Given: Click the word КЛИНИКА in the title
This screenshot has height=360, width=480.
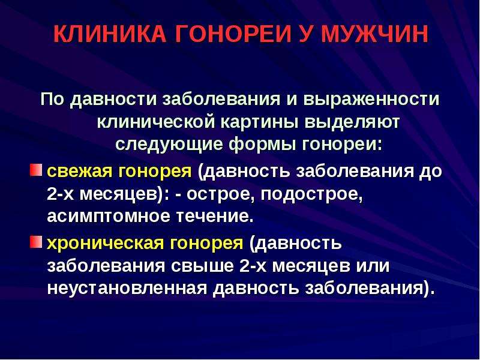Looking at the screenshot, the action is (x=110, y=34).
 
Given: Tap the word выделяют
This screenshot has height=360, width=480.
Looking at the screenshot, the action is (x=352, y=122).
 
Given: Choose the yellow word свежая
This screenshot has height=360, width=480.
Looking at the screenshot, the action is (x=80, y=172).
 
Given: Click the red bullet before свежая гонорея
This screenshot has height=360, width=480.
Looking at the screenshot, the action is (x=35, y=170).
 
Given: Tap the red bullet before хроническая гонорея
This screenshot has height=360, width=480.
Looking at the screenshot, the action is (x=35, y=242).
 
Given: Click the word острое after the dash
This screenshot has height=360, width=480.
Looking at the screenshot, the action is (x=220, y=195).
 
